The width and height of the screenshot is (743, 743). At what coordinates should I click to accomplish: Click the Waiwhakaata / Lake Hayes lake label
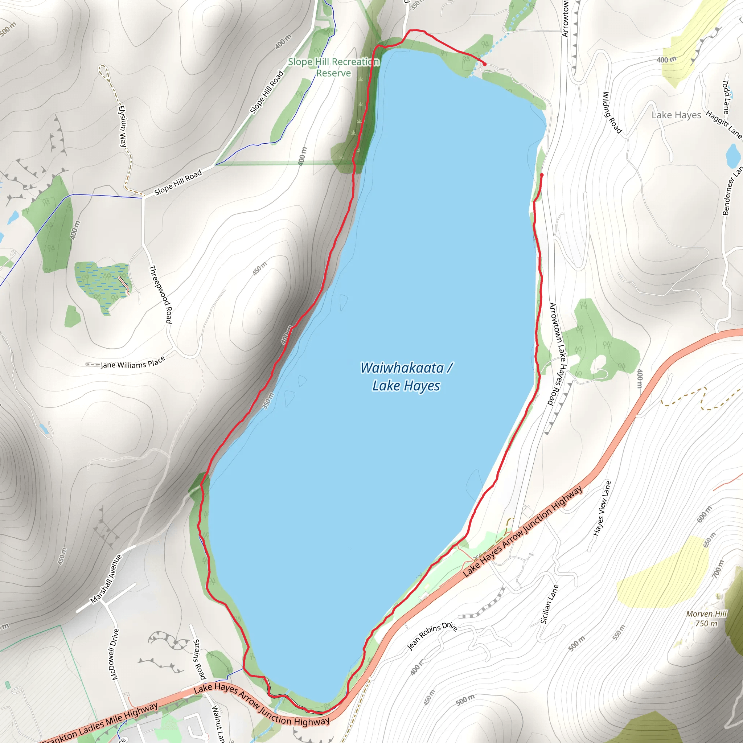pos(406,377)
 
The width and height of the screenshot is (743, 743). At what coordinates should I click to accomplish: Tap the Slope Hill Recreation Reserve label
pos(333,67)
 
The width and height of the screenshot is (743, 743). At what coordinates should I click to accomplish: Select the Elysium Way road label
pos(122,126)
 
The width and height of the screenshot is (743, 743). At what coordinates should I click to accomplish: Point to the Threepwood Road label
pos(160,294)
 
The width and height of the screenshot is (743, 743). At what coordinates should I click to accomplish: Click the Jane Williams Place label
pos(133,363)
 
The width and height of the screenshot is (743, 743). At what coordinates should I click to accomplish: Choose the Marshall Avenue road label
pos(106,579)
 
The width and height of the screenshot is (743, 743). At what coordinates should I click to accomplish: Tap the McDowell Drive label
pos(114,654)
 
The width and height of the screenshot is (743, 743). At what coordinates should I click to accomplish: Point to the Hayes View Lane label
pos(602,508)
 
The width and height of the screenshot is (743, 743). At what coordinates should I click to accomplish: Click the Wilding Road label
pos(611,112)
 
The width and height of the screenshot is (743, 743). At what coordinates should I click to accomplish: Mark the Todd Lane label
pos(726,97)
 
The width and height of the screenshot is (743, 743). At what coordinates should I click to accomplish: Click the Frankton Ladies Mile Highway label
pos(100,723)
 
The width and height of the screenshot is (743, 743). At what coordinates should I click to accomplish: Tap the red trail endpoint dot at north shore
pos(485,64)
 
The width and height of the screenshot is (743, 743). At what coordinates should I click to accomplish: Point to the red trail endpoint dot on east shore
pos(542,175)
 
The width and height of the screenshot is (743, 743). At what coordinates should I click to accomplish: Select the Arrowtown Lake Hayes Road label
pos(557,354)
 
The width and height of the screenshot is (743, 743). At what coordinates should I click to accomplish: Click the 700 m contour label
pos(718,569)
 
